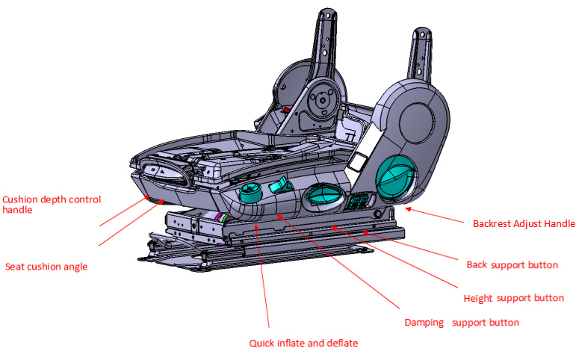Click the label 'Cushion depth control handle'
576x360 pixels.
tap(52, 205)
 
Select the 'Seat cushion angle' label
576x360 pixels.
tap(46, 267)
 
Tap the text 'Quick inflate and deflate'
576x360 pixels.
tap(303, 343)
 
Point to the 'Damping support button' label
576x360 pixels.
tap(462, 323)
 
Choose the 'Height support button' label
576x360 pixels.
tap(513, 298)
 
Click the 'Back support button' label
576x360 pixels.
tap(512, 265)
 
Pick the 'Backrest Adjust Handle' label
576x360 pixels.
tap(524, 224)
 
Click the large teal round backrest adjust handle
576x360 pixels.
tap(396, 179)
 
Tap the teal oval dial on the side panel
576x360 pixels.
tap(323, 197)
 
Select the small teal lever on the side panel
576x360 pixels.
tap(279, 186)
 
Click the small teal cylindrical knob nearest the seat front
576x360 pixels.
tap(250, 192)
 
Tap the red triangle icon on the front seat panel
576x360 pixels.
tap(161, 171)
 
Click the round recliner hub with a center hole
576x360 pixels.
tap(323, 100)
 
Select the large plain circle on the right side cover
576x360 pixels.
tap(417, 122)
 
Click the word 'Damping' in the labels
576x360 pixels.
tap(424, 323)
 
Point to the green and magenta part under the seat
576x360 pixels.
tap(223, 217)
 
